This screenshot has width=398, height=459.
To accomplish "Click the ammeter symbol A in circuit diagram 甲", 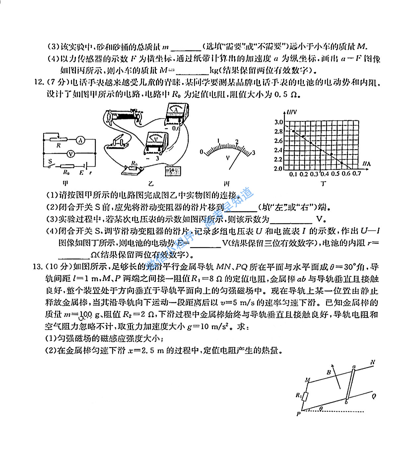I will pos(80,140).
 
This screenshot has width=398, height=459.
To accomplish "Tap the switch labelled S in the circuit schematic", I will pos(50,164).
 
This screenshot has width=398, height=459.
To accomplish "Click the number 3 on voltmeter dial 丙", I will pos(254,153).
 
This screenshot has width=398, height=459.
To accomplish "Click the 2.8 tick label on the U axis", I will pos(278,132).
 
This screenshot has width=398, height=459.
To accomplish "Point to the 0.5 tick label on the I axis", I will pos(335,174).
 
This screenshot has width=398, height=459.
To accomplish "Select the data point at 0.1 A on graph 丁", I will pos(293,131).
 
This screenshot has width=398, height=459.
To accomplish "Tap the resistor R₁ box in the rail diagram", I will pos(306,396).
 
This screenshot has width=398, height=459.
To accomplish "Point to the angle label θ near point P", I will pos(321,408).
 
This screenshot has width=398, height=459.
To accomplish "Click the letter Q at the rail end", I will pos(374,396).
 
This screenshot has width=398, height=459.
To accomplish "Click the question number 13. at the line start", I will pos(37,267).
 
